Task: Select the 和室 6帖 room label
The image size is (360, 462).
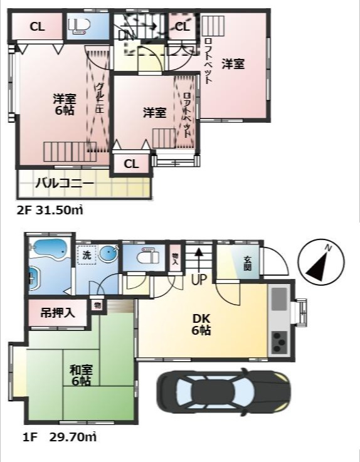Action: tap(80, 375)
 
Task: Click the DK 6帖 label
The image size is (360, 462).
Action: tap(201, 323)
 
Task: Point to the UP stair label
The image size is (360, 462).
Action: tap(198, 280)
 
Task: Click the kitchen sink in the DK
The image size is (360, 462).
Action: tap(278, 297)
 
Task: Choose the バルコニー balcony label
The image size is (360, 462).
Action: tap(64, 184)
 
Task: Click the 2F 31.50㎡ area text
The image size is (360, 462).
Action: tap(50, 211)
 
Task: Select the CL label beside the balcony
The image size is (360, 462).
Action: tap(131, 164)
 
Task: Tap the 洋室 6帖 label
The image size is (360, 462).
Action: tap(64, 104)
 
